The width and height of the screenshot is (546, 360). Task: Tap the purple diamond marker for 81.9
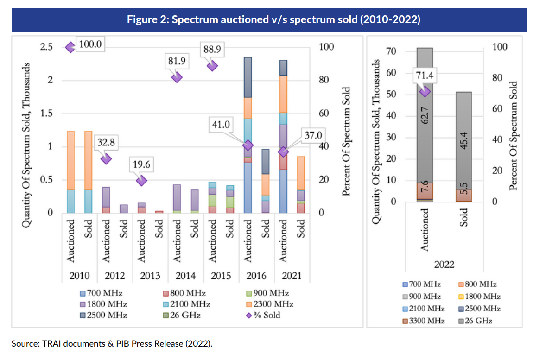point(177,77)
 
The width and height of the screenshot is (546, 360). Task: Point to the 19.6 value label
point(142,164)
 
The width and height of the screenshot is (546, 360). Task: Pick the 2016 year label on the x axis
point(256,276)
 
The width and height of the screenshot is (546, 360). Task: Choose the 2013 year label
point(150,276)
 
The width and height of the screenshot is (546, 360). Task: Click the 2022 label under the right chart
point(444,265)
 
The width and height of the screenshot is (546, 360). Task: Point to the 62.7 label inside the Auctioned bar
point(425,112)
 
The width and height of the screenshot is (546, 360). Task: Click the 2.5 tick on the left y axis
point(46,47)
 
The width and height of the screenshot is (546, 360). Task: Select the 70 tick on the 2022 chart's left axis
point(391,51)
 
